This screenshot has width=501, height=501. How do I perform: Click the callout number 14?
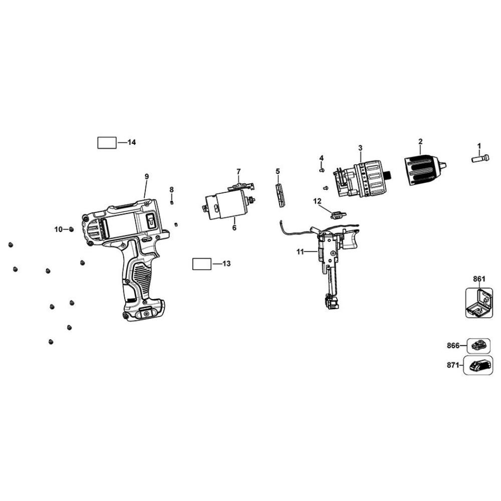pyautogui.click(x=132, y=143)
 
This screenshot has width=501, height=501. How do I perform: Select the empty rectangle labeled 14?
pyautogui.click(x=106, y=143)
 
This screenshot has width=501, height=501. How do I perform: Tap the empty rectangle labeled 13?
pyautogui.click(x=202, y=264)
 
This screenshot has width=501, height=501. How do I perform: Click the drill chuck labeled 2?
pyautogui.click(x=422, y=170)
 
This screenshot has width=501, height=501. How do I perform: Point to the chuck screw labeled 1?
pyautogui.click(x=479, y=158)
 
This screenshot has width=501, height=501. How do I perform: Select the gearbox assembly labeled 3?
pyautogui.click(x=364, y=178)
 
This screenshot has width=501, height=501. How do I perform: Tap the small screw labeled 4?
pyautogui.click(x=322, y=170)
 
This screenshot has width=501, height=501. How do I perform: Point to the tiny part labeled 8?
pyautogui.click(x=172, y=202)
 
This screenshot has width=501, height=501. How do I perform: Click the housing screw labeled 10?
pyautogui.click(x=72, y=229)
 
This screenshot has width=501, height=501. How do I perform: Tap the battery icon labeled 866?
pyautogui.click(x=477, y=345)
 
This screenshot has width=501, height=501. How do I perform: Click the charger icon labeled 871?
pyautogui.click(x=478, y=366)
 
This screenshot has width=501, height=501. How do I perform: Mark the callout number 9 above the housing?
pyautogui.click(x=147, y=176)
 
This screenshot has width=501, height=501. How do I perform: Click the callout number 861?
pyautogui.click(x=479, y=279)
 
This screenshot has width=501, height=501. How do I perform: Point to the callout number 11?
pyautogui.click(x=300, y=252)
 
